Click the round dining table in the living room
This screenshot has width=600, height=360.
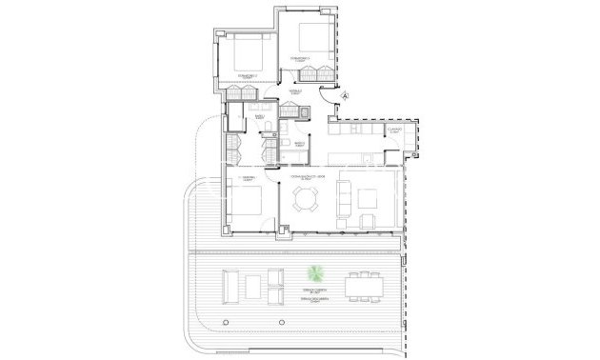pyautogui.click(x=307, y=200)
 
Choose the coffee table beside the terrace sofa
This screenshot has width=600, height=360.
pyautogui.click(x=253, y=286)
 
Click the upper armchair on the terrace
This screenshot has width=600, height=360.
pyautogui.click(x=276, y=277)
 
